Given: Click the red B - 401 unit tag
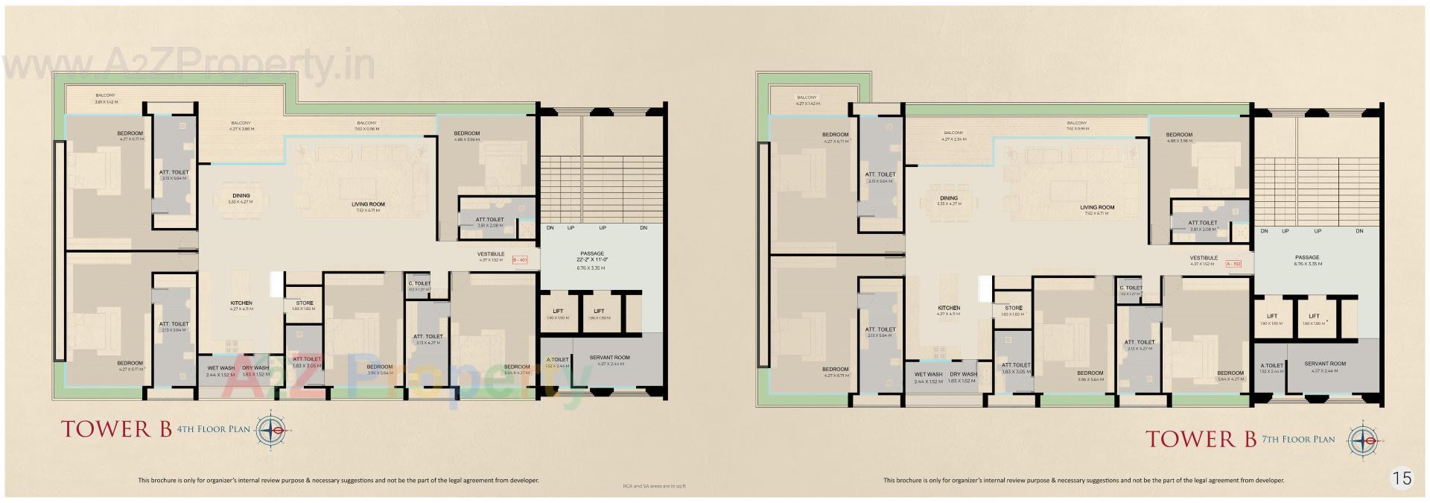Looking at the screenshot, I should tap(520, 259).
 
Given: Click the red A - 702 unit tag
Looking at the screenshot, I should tap(1234, 263).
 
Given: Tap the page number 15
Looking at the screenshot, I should tap(1402, 478).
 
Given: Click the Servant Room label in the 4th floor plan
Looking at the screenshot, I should tap(609, 358).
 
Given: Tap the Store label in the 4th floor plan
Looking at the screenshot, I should tap(304, 303).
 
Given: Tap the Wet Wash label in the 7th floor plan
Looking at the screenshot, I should tap(929, 374).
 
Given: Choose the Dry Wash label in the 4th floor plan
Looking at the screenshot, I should tap(255, 367).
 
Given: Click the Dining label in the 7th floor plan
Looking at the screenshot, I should tap(948, 198).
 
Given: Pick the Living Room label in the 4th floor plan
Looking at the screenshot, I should tap(368, 203).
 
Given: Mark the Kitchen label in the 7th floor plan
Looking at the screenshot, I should tap(948, 308).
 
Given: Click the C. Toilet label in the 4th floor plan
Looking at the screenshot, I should tap(419, 283).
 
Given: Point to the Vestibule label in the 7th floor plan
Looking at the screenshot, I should tap(1204, 258).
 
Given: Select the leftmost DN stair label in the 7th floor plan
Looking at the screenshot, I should tap(1264, 231).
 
